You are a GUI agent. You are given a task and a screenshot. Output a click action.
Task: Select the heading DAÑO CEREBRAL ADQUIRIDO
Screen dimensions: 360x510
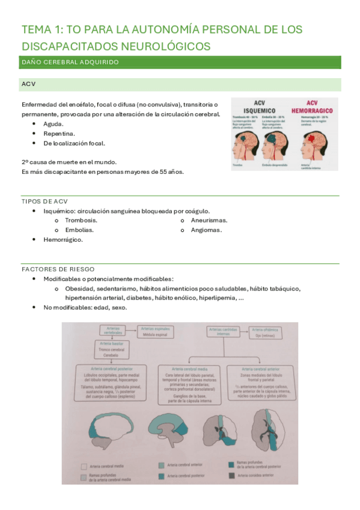pos(70,62)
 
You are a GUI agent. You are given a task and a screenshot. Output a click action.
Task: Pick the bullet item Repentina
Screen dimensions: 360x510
pos(59,134)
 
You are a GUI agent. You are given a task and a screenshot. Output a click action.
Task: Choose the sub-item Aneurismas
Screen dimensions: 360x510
pos(209,220)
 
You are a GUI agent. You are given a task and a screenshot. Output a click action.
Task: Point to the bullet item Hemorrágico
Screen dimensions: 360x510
pos(63,239)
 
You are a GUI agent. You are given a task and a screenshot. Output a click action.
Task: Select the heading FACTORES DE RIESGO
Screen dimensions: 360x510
pos(58,269)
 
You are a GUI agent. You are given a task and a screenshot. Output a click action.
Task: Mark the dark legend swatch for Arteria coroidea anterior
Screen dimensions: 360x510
pos(233,475)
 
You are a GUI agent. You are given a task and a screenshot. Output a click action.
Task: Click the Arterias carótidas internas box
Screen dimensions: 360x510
pos(223,331)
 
